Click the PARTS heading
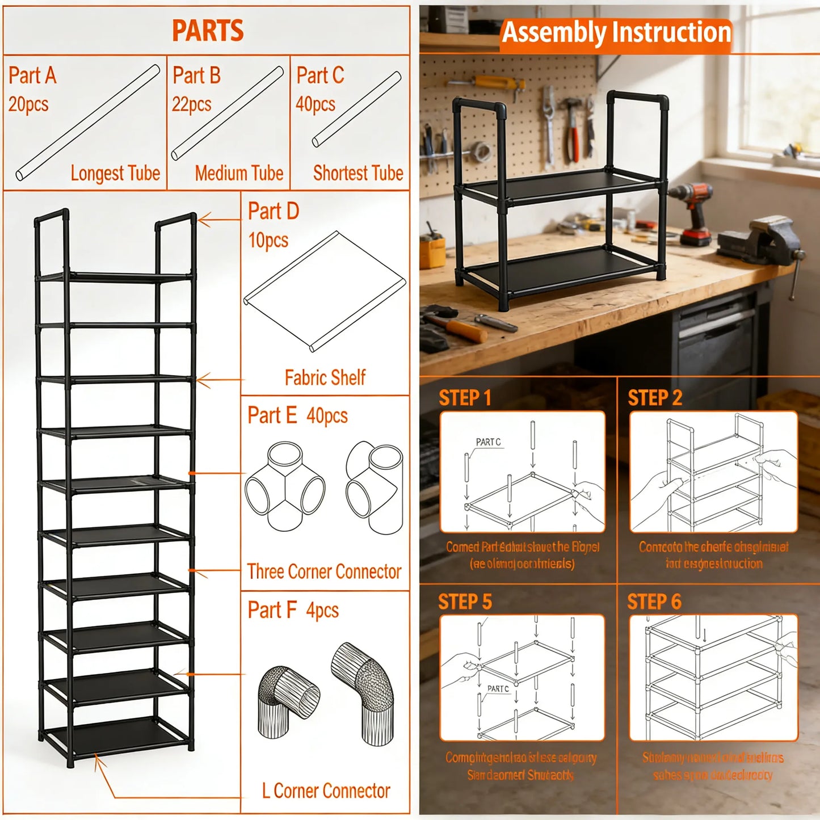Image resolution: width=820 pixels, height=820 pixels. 208,31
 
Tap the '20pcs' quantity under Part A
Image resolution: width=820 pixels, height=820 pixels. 28,104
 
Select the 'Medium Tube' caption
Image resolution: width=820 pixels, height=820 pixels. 239,173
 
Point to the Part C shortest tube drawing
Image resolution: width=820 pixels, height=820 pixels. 356,109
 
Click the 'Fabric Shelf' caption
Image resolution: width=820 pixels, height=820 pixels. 325,377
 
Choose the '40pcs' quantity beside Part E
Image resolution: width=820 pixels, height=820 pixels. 327,416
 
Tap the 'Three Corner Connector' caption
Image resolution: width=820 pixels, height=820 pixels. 324,571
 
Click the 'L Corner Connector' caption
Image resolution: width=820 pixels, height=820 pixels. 326,790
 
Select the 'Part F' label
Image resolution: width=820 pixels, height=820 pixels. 272,610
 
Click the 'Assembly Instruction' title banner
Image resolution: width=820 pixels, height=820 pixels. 616,32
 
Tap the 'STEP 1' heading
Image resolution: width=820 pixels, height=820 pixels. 465,398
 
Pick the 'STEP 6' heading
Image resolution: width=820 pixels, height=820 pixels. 654,602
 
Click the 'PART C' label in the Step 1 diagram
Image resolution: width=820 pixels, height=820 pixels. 488,442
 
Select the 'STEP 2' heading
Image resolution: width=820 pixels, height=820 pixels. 654,398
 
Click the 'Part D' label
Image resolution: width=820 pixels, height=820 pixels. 274,211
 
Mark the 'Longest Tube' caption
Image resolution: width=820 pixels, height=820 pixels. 115,173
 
